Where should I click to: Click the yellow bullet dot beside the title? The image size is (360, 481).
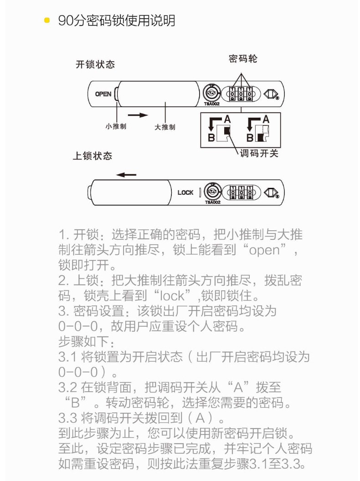[47, 21]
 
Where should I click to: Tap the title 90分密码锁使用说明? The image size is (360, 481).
[117, 21]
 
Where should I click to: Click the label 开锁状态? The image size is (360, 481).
[95, 64]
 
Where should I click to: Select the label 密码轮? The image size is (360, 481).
[243, 59]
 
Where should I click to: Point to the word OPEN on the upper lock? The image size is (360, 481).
[103, 94]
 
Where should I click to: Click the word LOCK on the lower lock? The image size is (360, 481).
[185, 192]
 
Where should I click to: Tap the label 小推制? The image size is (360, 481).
[116, 126]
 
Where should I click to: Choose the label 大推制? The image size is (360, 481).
[165, 127]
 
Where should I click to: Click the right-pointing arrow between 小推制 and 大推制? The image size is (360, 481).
[138, 115]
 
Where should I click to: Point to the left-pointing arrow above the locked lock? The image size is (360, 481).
[126, 175]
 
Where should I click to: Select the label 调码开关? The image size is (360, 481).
[259, 153]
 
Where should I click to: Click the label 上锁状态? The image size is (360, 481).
[93, 156]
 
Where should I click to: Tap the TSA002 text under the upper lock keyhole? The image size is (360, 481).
[212, 104]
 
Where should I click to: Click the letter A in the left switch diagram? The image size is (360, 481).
[227, 119]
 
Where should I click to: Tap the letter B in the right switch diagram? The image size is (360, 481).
[250, 137]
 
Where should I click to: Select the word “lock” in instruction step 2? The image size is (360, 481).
[172, 295]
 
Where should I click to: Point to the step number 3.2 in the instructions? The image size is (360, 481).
[68, 388]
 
